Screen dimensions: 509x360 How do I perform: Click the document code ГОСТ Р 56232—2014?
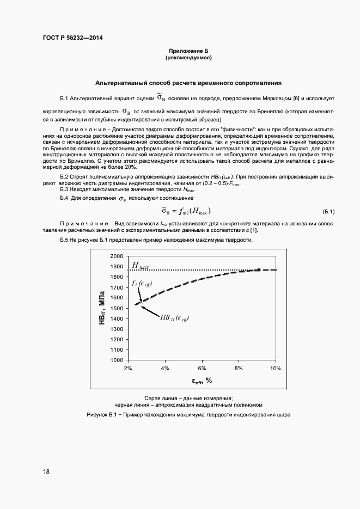tap(72, 38)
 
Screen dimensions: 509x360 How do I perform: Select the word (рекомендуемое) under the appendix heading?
tap(188, 57)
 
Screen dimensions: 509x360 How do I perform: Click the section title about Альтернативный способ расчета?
tap(188, 84)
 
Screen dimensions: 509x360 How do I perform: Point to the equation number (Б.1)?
tap(328, 211)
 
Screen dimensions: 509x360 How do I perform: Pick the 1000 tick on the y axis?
tap(117, 360)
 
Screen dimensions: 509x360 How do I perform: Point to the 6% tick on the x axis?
tap(202, 369)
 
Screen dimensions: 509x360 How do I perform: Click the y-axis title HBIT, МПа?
tap(102, 309)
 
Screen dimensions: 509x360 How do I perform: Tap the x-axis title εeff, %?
tap(201, 381)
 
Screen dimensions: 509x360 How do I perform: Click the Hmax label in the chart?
tap(140, 266)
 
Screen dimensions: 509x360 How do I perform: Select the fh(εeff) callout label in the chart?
tap(142, 284)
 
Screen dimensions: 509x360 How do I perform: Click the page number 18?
tap(46, 471)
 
